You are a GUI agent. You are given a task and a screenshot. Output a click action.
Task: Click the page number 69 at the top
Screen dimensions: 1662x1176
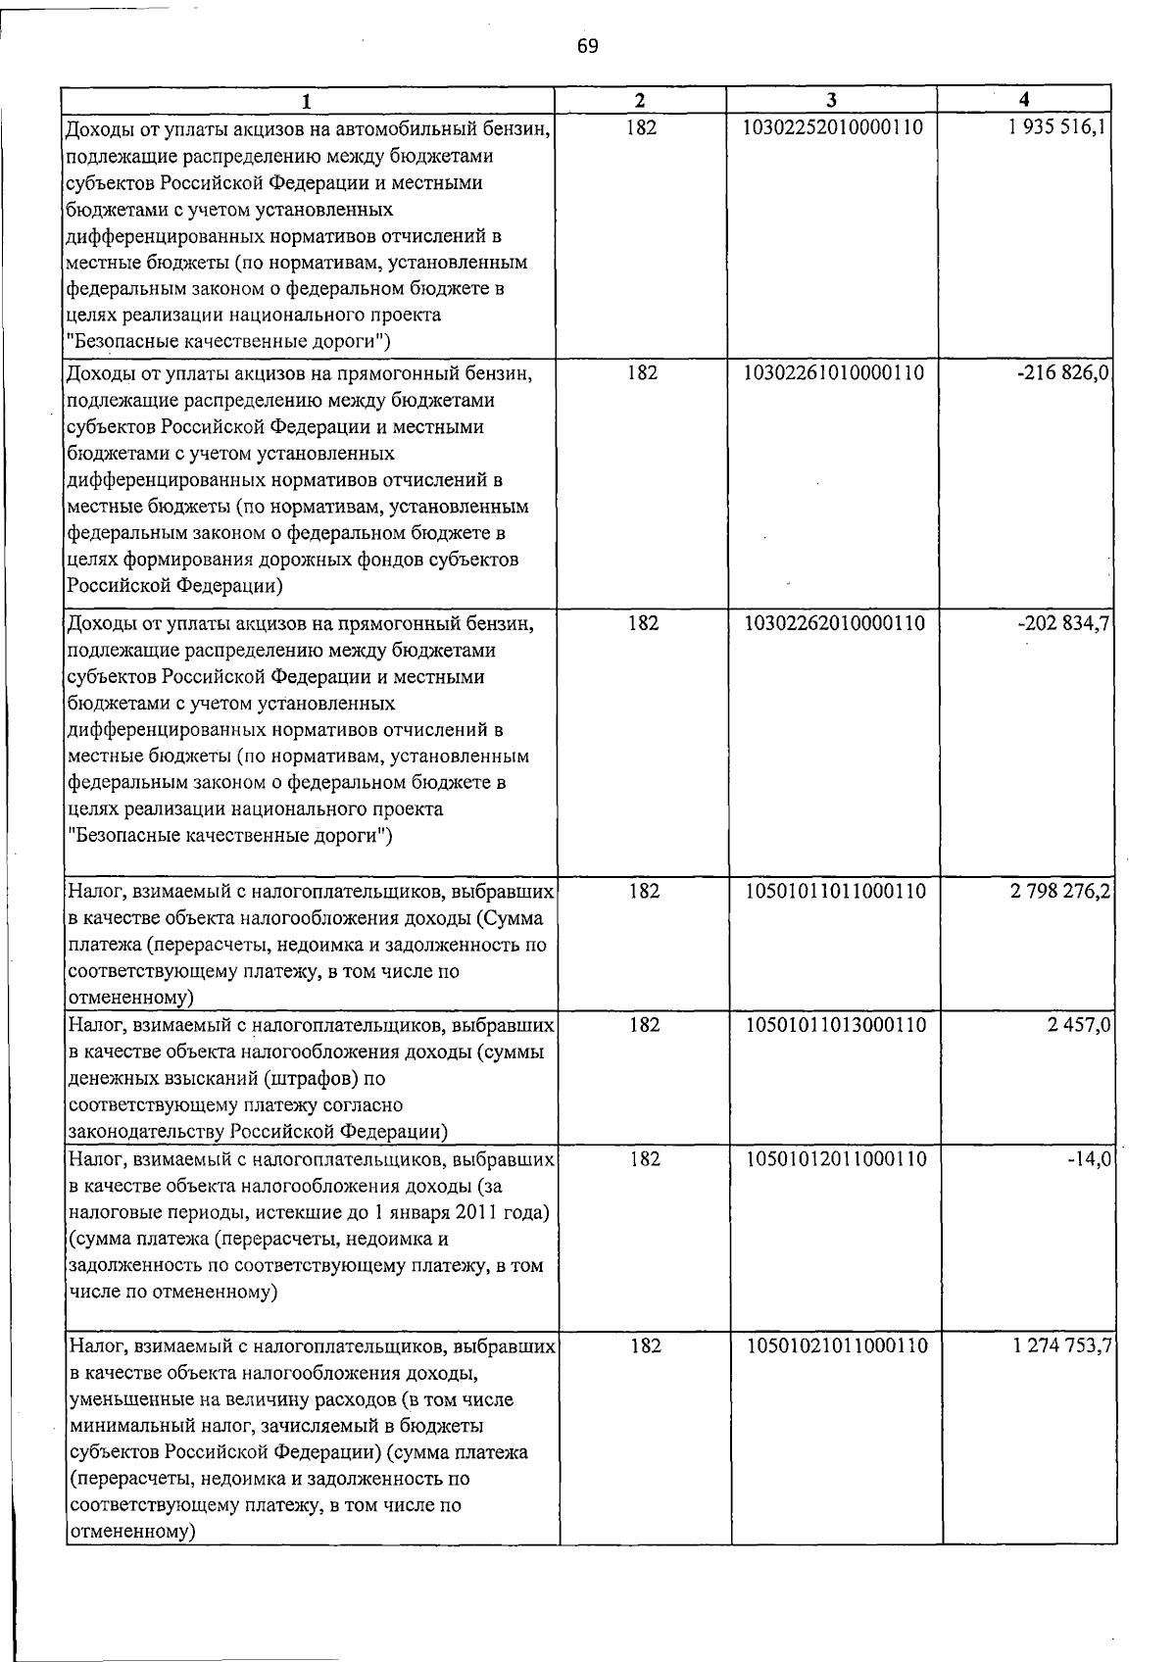tap(587, 46)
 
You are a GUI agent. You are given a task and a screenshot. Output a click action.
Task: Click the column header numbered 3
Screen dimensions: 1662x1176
tap(831, 100)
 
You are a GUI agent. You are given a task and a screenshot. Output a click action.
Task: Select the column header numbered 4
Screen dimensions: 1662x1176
tap(1024, 100)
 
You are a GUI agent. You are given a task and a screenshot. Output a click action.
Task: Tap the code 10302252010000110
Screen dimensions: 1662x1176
tap(834, 127)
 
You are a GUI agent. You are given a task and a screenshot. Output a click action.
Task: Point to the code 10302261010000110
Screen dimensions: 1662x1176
tap(834, 373)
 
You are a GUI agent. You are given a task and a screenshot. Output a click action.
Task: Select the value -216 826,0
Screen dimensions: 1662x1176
tap(1063, 373)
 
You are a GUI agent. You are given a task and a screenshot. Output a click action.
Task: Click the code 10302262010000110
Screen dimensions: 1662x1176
tap(835, 623)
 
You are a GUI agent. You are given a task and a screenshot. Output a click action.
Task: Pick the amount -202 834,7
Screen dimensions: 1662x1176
tap(1063, 623)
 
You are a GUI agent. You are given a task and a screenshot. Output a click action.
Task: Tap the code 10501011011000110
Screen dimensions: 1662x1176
tap(836, 891)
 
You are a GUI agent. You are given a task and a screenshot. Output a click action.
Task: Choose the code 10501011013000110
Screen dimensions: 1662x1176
tap(836, 1025)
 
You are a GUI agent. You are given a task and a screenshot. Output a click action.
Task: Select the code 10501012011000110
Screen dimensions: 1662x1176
tap(836, 1159)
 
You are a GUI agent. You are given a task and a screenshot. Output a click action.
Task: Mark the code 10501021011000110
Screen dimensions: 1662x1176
tap(837, 1346)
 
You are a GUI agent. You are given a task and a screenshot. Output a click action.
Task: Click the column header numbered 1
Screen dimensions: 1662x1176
tap(308, 100)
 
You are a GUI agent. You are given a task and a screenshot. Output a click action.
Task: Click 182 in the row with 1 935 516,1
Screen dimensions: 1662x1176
tap(641, 127)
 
